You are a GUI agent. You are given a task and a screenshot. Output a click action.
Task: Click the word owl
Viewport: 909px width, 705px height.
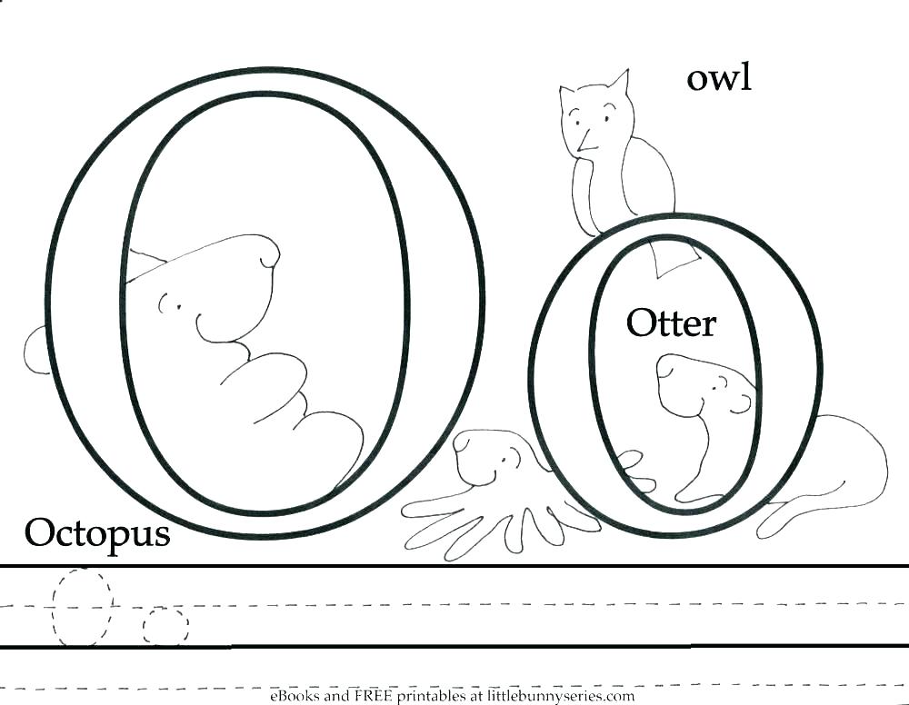[719, 78]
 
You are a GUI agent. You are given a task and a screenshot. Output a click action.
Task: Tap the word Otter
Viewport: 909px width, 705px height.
[671, 323]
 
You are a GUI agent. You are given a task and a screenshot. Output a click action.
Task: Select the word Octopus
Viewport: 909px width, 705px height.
[96, 533]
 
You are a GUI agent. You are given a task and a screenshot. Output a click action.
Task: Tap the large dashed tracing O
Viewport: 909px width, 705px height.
[82, 607]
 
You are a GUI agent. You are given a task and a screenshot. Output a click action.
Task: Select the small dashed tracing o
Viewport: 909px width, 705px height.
[165, 626]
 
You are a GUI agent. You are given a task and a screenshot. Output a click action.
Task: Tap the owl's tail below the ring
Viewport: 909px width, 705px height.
[674, 260]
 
